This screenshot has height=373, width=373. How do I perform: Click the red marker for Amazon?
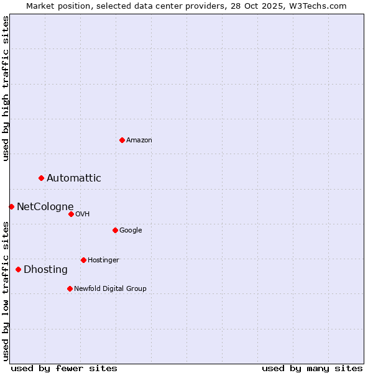click(122, 140)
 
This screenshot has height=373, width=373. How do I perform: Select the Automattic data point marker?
click(42, 178)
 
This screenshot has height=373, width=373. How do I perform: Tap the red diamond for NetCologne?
click(11, 206)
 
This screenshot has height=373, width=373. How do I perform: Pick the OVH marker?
click(71, 214)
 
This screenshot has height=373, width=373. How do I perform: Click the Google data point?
click(115, 230)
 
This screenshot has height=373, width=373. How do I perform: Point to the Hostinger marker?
click(83, 260)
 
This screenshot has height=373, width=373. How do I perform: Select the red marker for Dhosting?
click(18, 269)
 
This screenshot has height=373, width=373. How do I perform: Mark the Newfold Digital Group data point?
click(70, 288)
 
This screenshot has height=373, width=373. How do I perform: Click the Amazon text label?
click(139, 140)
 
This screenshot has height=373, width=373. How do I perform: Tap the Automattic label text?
click(74, 178)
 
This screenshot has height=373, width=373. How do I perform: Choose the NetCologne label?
click(45, 207)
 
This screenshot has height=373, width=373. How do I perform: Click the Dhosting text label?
click(46, 270)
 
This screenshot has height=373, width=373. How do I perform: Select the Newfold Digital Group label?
click(111, 288)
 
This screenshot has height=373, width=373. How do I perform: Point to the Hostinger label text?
click(103, 260)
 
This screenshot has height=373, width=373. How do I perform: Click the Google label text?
click(131, 231)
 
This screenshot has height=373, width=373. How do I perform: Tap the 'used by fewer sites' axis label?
click(64, 368)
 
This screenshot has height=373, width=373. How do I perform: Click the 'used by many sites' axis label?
click(312, 368)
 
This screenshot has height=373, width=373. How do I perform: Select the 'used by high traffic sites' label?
click(6, 88)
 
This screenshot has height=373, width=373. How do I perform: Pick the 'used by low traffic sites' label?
click(6, 291)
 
